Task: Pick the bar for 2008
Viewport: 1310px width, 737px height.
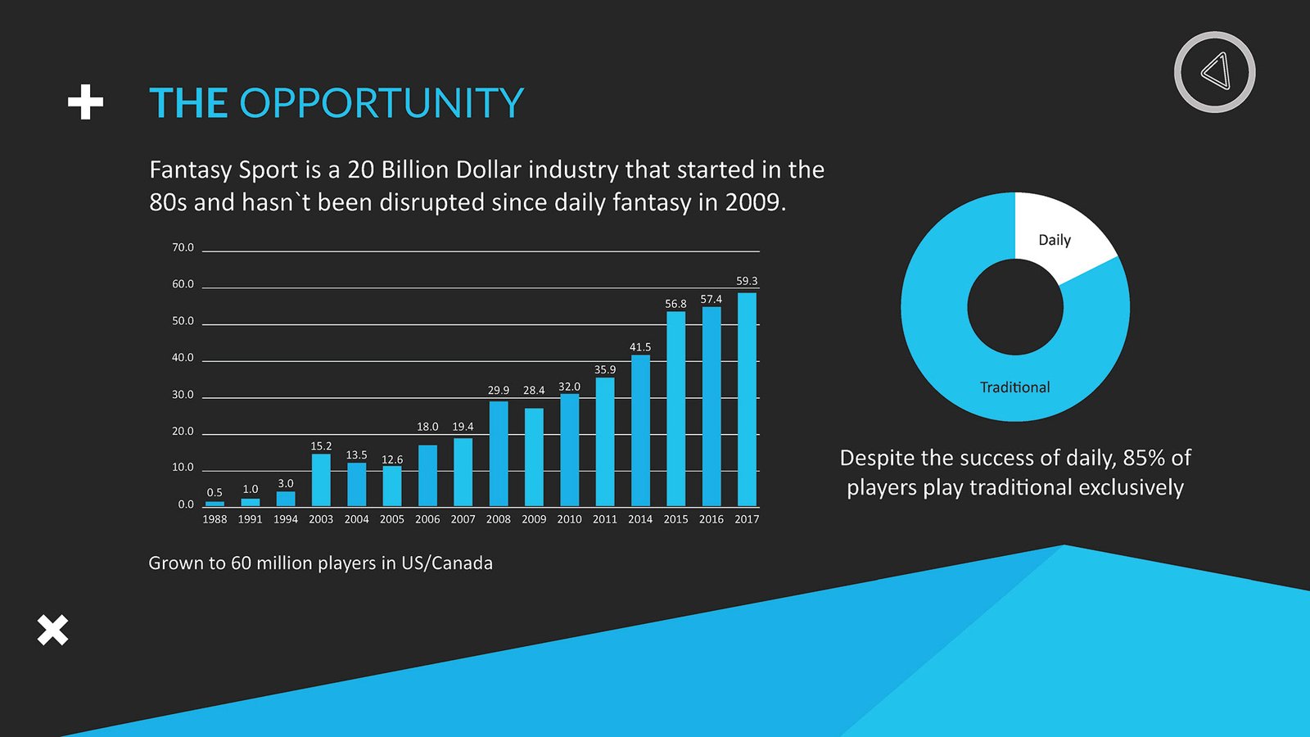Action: pos(499,454)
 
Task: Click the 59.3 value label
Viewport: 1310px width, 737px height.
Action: pos(747,281)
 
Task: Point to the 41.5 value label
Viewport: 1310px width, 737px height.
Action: pos(640,347)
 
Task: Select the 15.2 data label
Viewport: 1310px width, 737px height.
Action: pos(321,446)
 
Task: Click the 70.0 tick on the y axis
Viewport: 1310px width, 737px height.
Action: pos(183,247)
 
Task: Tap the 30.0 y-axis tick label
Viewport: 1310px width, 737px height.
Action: pos(183,395)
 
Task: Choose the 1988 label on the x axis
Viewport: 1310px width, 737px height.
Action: pos(215,519)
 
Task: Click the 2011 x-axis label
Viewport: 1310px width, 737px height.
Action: pos(605,519)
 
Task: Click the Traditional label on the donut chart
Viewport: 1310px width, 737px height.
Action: pos(1015,387)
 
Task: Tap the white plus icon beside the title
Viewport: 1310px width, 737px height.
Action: pos(85,102)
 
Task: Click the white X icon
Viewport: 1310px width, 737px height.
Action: pos(52,631)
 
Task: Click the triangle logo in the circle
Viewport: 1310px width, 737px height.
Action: pos(1215,72)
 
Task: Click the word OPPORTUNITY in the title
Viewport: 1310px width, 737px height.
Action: pos(381,103)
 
